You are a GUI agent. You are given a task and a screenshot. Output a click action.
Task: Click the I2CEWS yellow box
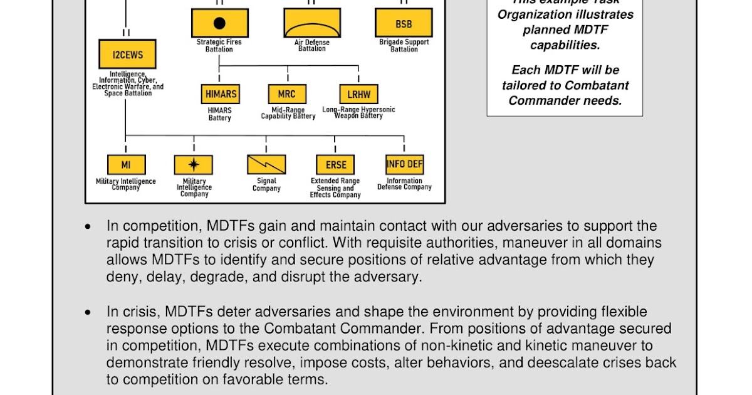point(127,55)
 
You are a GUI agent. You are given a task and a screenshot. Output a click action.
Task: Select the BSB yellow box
point(404,23)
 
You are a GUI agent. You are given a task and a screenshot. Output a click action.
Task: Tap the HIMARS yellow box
point(221,94)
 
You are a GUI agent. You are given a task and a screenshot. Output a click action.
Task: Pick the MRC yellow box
point(287,94)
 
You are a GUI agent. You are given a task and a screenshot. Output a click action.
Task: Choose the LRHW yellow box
point(359,94)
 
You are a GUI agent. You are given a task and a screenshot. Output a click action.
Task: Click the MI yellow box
point(126,165)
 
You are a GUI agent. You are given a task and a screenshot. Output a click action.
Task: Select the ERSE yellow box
point(335,165)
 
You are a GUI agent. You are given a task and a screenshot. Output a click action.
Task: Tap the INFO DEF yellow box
point(404,164)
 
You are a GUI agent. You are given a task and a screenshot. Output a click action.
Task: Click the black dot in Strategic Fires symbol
point(219,24)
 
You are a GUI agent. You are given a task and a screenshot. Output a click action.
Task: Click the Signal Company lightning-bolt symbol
point(266,165)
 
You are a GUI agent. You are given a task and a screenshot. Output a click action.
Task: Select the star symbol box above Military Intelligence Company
point(194,165)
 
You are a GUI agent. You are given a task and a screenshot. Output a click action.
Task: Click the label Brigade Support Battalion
point(404,46)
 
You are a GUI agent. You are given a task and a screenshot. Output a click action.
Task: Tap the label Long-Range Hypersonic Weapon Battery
point(359,113)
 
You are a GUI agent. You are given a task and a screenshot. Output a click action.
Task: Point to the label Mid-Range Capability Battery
point(288,113)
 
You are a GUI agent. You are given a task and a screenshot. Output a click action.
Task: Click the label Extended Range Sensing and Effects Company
point(335,188)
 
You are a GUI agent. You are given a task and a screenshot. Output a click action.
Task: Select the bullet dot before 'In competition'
point(88,226)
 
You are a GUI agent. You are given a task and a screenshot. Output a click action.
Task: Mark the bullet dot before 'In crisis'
point(88,312)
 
